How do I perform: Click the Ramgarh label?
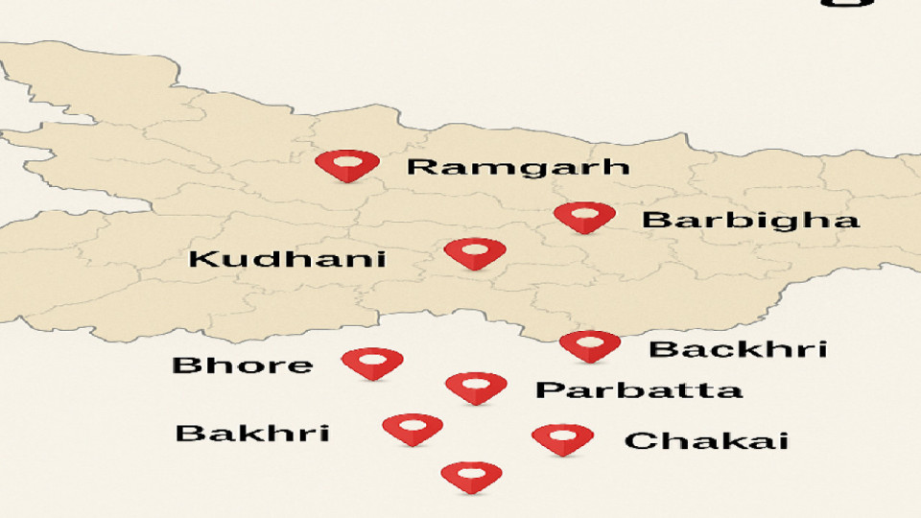(x=518, y=167)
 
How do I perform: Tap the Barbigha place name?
(x=750, y=220)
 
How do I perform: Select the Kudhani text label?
(x=287, y=259)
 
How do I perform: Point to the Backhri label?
(x=737, y=348)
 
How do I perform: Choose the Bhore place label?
(x=242, y=365)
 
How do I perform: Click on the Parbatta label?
(x=638, y=390)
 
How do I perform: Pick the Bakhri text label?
(x=252, y=433)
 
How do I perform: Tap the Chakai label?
(x=706, y=441)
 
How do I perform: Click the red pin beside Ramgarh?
(x=347, y=166)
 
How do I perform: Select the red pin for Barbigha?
(x=584, y=218)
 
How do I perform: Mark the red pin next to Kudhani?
(x=475, y=253)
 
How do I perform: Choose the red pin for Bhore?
(x=372, y=363)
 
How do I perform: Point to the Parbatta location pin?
(x=476, y=388)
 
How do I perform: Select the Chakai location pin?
(x=562, y=438)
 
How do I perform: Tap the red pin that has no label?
(x=471, y=476)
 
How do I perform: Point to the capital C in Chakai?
(x=639, y=441)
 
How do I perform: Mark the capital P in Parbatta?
(x=547, y=390)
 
